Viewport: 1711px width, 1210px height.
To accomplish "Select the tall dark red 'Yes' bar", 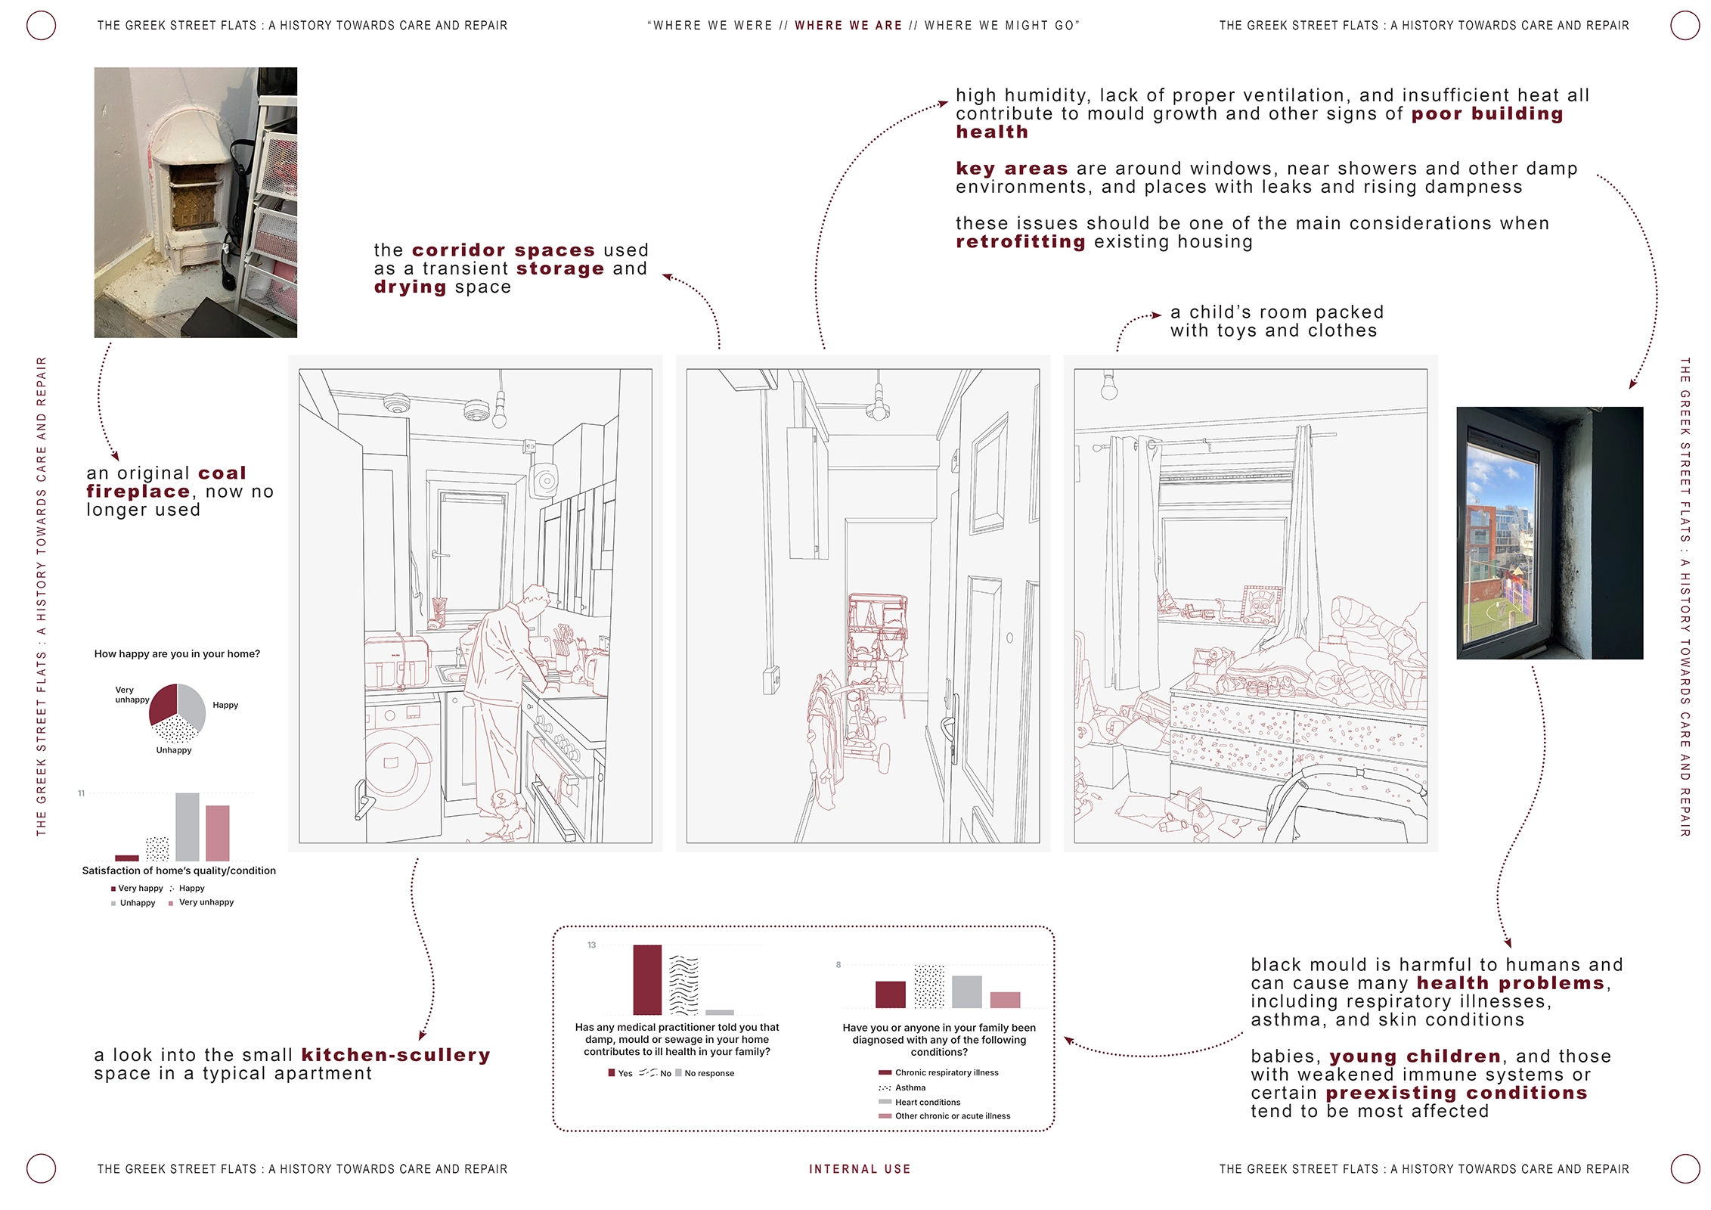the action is click(x=647, y=979).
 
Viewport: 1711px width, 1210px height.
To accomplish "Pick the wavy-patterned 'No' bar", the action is click(x=683, y=985).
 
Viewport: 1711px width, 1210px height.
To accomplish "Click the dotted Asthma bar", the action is click(x=928, y=986).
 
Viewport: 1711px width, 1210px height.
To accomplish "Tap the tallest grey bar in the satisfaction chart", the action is click(x=188, y=827).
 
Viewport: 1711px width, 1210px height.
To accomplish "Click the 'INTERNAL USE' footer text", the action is click(x=860, y=1169).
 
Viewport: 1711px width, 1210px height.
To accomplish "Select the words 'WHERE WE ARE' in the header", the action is click(x=848, y=26).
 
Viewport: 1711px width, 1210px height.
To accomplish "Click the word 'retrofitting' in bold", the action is click(x=1021, y=242).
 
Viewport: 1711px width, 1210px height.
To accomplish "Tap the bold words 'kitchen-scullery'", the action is click(x=395, y=1055).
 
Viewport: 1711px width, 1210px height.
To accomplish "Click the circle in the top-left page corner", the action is click(x=41, y=26).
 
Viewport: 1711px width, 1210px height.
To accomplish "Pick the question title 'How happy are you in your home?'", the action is click(x=177, y=654).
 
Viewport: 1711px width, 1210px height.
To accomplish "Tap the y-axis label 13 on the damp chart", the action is click(x=591, y=945).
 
